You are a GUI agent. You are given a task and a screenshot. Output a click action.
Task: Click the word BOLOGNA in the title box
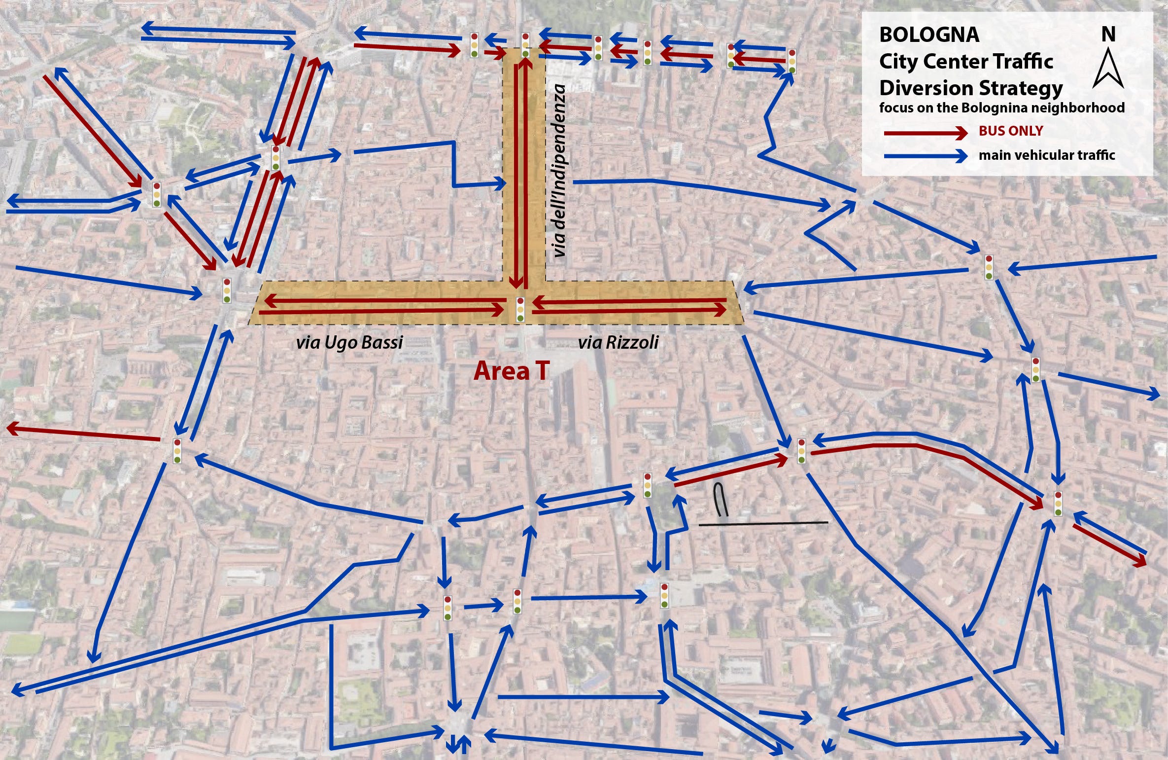pos(929,35)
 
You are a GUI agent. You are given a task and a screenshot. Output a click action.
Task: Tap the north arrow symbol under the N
pos(1108,69)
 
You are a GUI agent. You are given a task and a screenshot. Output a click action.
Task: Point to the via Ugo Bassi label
pos(349,342)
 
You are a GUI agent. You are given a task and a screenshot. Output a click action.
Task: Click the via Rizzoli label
pos(618,342)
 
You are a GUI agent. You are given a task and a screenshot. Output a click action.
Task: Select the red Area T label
pos(511,371)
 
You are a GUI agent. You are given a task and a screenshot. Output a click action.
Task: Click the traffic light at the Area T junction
pos(520,310)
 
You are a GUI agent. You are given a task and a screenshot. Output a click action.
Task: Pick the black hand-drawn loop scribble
pos(721,500)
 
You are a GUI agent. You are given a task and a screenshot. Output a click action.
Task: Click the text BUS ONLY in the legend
pos(1011,131)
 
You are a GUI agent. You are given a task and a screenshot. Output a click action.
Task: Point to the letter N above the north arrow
pos(1108,35)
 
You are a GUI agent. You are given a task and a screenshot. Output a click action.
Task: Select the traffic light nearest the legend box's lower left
pos(791,61)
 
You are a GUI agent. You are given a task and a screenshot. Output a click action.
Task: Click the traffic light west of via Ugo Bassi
pos(227,290)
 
